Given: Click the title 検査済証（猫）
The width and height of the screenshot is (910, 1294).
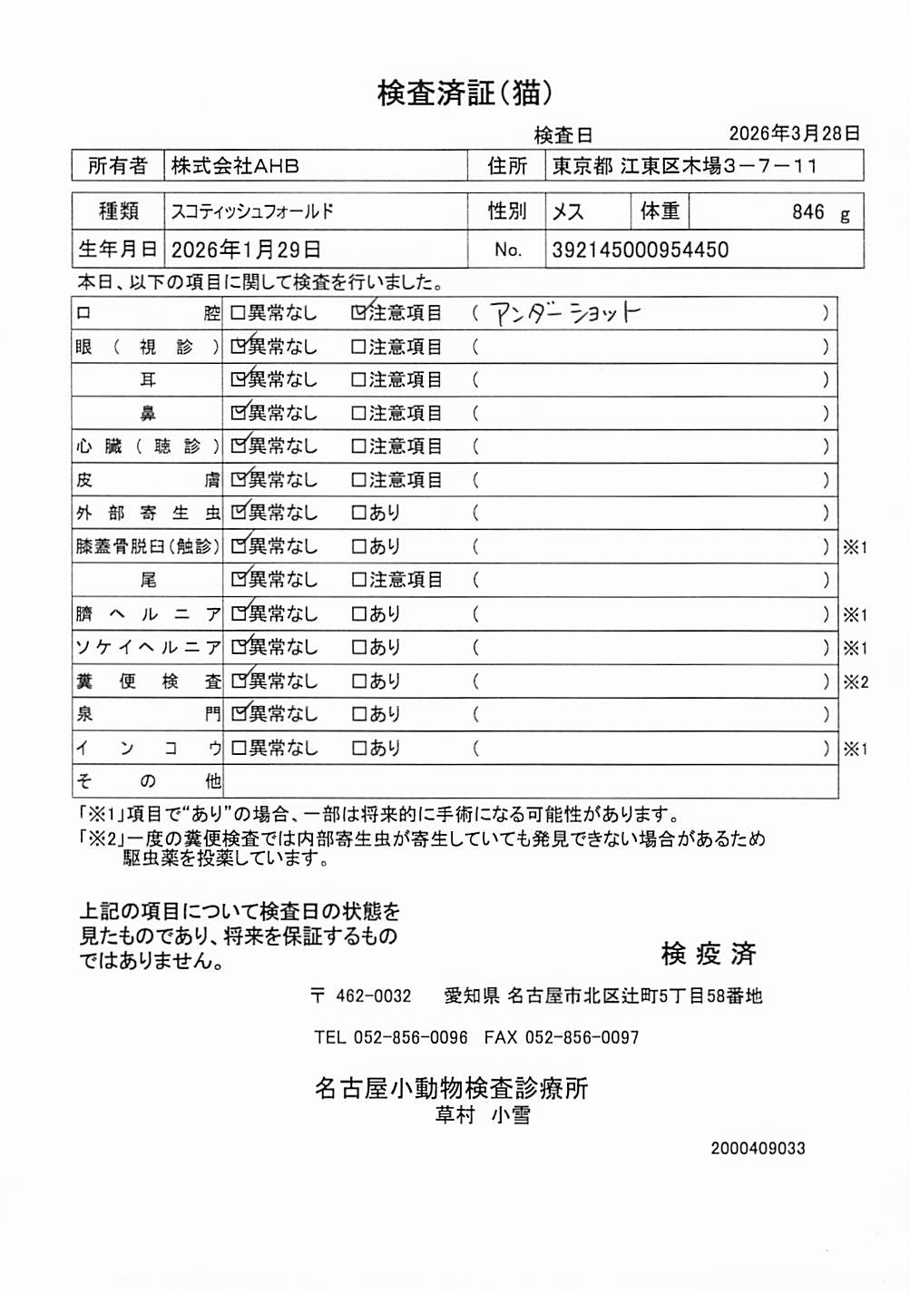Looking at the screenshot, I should [465, 93].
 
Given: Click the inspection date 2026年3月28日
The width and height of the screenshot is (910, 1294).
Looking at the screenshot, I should [794, 133].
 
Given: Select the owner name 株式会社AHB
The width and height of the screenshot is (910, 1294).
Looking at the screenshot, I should [235, 166].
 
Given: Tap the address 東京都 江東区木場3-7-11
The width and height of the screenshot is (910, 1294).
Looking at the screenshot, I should [685, 166].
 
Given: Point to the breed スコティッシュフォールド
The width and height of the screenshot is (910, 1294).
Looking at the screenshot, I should [252, 211].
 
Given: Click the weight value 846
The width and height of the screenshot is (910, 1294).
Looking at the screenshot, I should [807, 212].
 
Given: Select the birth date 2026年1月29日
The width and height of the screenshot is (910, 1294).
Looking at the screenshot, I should [246, 250].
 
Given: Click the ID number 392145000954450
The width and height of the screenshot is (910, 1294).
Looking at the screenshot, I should [640, 250].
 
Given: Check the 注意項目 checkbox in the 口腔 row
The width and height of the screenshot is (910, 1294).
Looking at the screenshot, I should [359, 313].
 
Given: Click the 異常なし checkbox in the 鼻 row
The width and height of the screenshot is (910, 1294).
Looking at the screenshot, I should [239, 413].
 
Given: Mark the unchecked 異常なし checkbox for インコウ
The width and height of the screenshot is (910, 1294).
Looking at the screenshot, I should [239, 749].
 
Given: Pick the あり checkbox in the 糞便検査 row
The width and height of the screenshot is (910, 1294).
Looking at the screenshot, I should [358, 681].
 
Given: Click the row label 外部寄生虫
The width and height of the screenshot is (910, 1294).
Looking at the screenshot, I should [148, 513].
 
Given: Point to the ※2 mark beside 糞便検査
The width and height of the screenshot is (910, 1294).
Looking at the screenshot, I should [855, 682].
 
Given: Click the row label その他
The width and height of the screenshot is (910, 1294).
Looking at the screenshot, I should [148, 781].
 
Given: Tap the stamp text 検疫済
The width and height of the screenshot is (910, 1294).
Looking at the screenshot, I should [708, 954].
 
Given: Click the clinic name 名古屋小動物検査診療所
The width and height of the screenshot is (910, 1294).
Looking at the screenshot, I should [451, 1088].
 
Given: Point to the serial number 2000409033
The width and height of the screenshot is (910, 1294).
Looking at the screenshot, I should [758, 1148].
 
